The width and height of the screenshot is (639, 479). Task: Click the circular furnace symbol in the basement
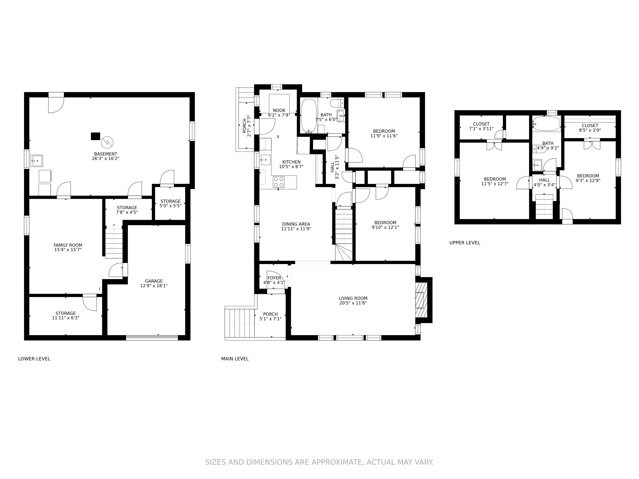[x=107, y=142]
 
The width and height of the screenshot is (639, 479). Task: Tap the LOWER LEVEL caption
[x=34, y=359]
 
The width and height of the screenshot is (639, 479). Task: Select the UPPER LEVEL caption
[x=465, y=243]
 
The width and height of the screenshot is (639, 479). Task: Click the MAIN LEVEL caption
[x=235, y=359]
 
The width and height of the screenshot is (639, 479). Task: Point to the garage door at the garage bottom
[x=152, y=338]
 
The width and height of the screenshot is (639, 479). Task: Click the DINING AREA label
[x=296, y=224]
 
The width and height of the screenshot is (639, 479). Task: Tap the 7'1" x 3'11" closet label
[x=481, y=129]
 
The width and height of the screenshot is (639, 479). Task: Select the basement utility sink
[x=37, y=161]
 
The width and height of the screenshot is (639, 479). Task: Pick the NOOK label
[x=279, y=110]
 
